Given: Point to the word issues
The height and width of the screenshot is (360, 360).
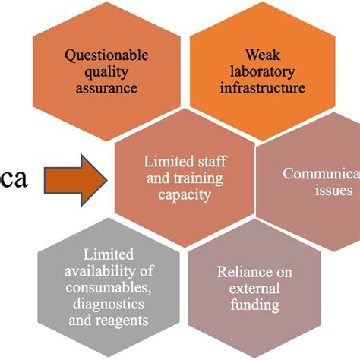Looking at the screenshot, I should [x=335, y=191].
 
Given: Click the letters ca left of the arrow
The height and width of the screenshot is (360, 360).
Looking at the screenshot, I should [x=14, y=180].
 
